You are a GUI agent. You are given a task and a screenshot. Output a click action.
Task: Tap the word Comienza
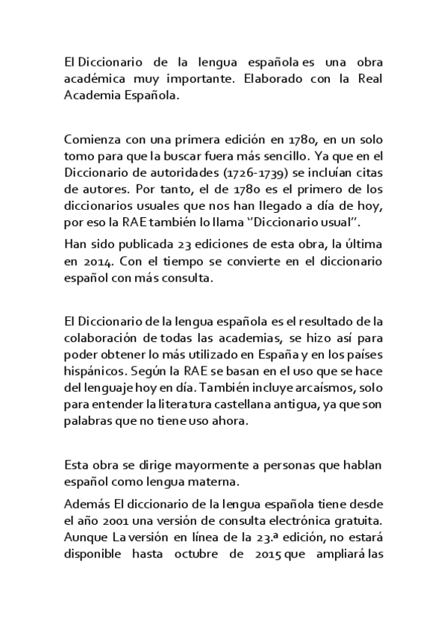pos(92,140)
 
